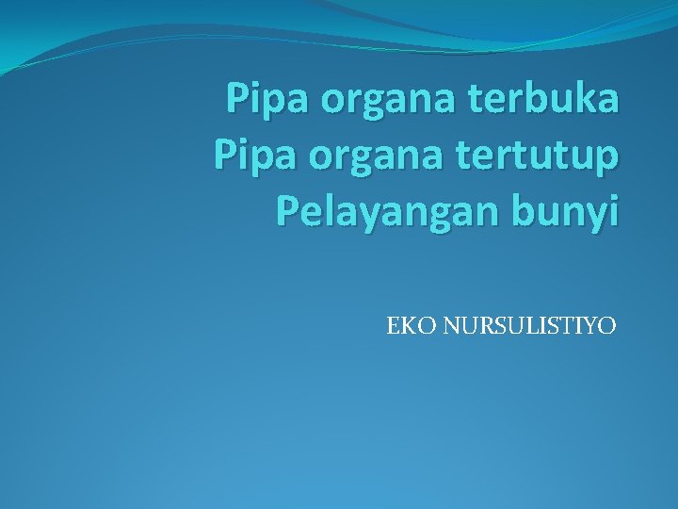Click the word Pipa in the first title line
261,99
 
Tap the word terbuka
540,97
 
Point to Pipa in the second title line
247,156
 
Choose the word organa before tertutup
359,158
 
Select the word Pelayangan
375,213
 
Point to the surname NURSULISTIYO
530,327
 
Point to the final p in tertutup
607,158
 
